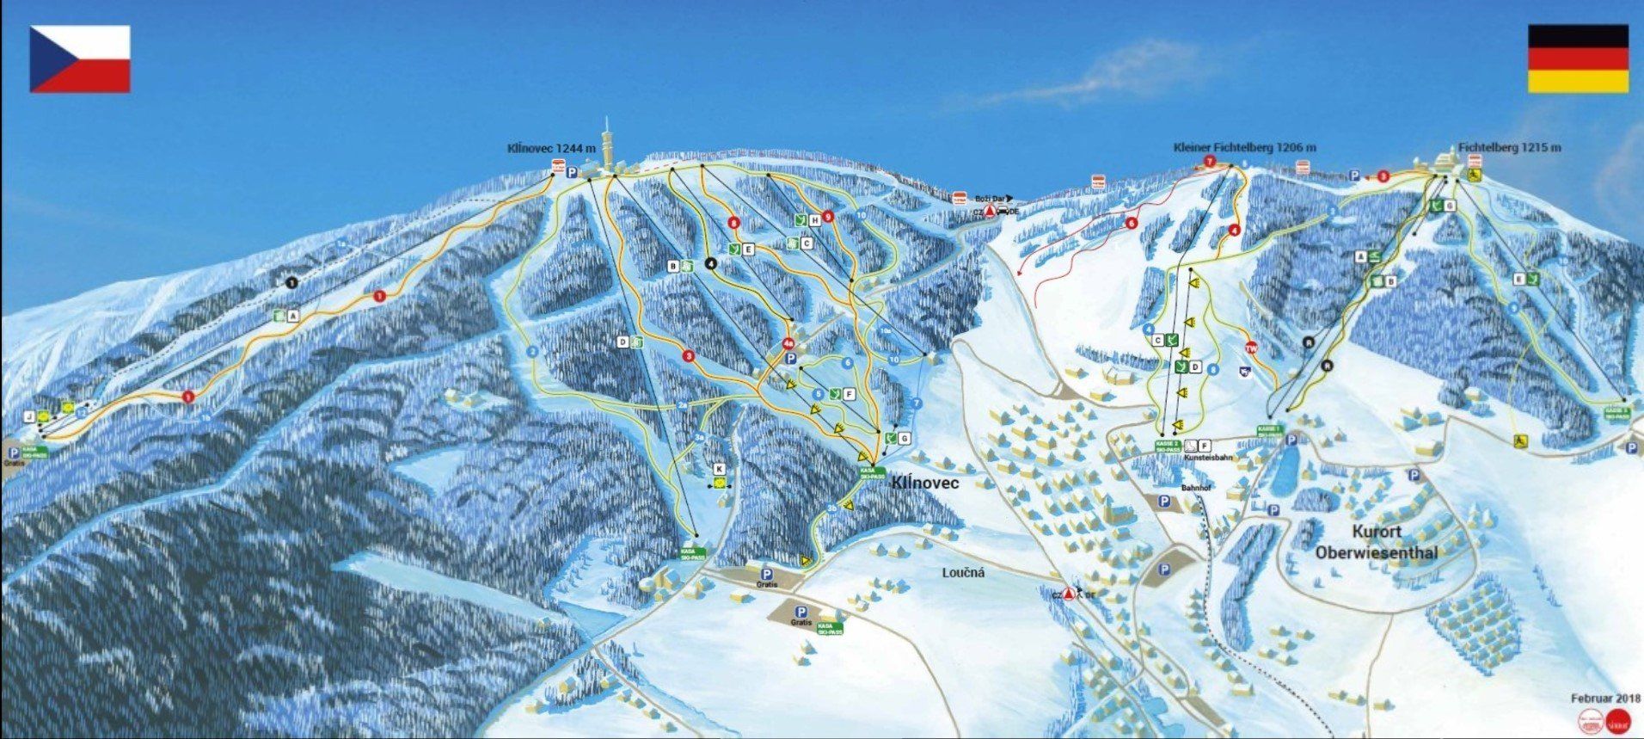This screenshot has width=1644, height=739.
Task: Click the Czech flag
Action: [x=80, y=59]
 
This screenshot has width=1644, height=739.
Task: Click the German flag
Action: [x=1578, y=59]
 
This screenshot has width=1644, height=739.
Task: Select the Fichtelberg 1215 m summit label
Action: [x=1510, y=148]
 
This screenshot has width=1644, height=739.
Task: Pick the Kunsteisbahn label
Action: [x=1208, y=458]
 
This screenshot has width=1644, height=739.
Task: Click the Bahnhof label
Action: [x=1195, y=488]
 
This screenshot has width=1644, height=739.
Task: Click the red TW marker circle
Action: [x=1251, y=348]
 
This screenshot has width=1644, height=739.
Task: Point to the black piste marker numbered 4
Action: [x=711, y=263]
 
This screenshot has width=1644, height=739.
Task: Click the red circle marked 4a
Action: [x=788, y=344]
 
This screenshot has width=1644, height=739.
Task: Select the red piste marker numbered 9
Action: [x=828, y=217]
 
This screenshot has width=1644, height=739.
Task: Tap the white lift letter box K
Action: [x=720, y=469]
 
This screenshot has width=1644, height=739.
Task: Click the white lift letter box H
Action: [x=813, y=220]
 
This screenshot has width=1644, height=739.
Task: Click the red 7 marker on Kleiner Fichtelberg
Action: [x=1210, y=161]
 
